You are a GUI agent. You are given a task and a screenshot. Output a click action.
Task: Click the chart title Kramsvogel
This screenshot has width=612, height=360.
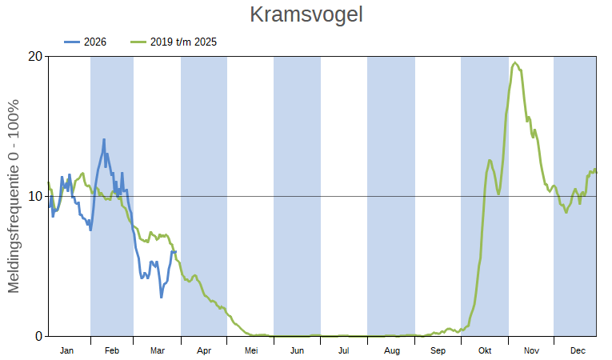[306, 15]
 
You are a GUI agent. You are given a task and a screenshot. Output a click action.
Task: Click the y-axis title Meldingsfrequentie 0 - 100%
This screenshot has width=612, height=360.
[14, 196]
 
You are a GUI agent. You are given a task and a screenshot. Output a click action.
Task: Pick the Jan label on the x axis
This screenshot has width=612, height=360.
[67, 350]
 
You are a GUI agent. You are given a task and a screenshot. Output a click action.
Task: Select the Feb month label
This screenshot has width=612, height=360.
[112, 350]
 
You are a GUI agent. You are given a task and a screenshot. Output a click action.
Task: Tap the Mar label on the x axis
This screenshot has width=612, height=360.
[158, 350]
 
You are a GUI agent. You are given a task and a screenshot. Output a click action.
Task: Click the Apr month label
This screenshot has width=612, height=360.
[204, 350]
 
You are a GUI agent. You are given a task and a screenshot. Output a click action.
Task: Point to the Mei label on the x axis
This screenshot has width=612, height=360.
[251, 350]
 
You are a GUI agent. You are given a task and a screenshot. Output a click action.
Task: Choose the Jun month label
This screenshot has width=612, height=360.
[297, 350]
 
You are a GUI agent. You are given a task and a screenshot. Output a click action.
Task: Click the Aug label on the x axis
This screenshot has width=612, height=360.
[391, 350]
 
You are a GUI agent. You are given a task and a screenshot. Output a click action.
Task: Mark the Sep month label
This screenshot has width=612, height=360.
[438, 350]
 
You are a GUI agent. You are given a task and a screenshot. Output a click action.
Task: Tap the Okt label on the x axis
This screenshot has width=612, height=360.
[485, 350]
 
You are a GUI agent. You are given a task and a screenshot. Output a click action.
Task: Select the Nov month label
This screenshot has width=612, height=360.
[531, 350]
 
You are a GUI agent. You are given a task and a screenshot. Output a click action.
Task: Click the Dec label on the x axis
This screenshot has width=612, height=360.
[577, 350]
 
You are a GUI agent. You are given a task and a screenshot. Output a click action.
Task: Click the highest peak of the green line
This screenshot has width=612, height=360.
[515, 63]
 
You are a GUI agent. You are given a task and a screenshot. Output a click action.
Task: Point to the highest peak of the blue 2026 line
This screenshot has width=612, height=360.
[104, 139]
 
